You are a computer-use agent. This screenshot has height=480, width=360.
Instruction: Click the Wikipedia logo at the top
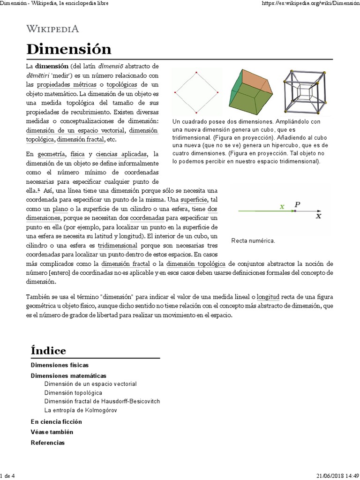pyautogui.click(x=52, y=29)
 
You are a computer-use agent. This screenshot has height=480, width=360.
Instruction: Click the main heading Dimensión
pyautogui.click(x=68, y=49)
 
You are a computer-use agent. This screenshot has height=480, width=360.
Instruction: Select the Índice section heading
pyautogui.click(x=48, y=350)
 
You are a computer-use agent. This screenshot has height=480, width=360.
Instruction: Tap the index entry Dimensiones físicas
pyautogui.click(x=60, y=365)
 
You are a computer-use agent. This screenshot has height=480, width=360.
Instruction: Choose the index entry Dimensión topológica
pyautogui.click(x=73, y=392)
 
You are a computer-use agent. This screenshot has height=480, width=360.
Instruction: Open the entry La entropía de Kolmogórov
pyautogui.click(x=80, y=410)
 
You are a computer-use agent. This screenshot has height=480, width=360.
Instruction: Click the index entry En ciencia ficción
pyautogui.click(x=56, y=421)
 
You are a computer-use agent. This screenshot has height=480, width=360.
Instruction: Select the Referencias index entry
pyautogui.click(x=48, y=442)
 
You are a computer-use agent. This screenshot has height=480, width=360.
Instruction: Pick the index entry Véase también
pyautogui.click(x=52, y=432)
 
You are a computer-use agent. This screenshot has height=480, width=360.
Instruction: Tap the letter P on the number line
pyautogui.click(x=297, y=204)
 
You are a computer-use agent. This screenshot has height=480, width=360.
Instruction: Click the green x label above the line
pyautogui.click(x=282, y=206)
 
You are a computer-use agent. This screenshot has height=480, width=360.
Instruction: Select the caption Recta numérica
pyautogui.click(x=253, y=240)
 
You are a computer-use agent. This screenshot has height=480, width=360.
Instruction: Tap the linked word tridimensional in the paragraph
pyautogui.click(x=117, y=245)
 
